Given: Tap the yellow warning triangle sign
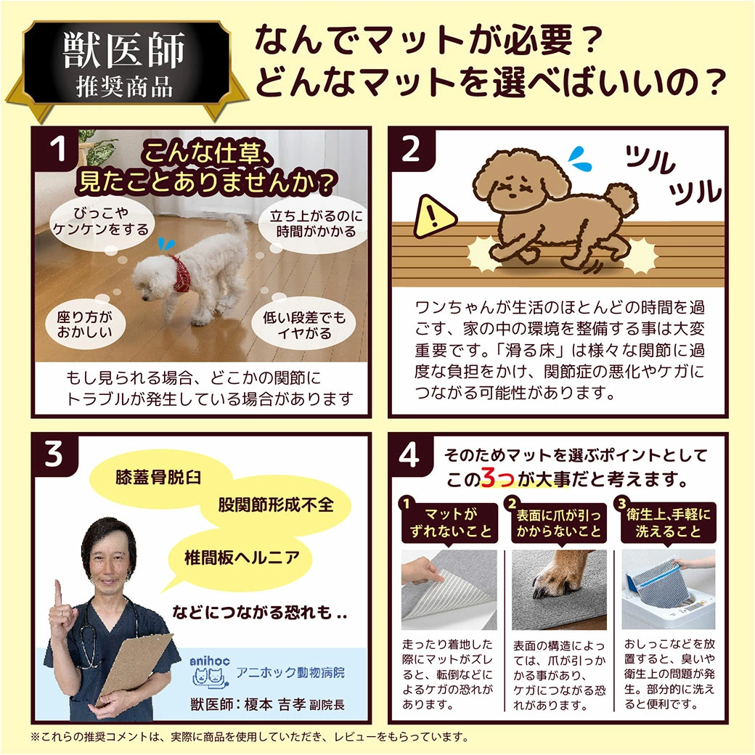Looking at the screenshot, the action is [434, 218].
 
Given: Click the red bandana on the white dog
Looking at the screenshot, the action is [181, 274].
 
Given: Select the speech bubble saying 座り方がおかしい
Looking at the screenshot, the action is [85, 325].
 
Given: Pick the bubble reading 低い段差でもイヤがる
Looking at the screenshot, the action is [304, 325].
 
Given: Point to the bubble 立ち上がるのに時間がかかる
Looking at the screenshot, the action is [316, 224].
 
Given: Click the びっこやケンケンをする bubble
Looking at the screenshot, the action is [100, 221].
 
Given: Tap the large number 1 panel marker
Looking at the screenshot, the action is [58, 149].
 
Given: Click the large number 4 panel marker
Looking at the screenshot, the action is [409, 455].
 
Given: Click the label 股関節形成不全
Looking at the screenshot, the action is [276, 505].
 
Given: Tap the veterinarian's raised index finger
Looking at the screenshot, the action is [58, 594].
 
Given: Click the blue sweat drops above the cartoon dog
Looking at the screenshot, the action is [580, 160].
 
